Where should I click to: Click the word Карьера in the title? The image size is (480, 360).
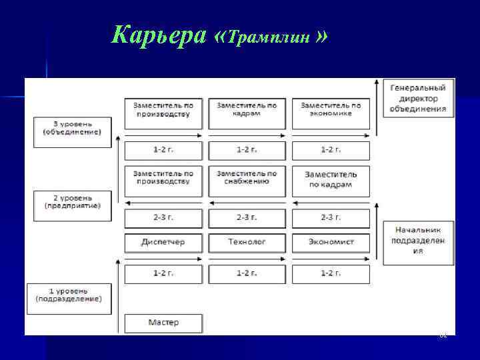tap(159, 35)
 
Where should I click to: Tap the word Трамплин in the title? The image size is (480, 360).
tap(270, 37)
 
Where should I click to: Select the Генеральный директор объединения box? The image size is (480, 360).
tap(418, 98)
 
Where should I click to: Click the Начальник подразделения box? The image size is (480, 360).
tap(418, 241)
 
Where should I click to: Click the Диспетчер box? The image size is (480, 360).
tap(163, 241)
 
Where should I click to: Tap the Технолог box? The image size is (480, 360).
tap(247, 241)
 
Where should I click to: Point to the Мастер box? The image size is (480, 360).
tap(163, 323)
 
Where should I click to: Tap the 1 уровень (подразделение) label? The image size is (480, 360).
tap(69, 295)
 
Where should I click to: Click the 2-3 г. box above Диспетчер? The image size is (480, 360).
tap(163, 217)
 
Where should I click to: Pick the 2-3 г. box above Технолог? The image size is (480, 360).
tap(247, 217)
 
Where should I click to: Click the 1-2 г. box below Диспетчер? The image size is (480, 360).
tap(163, 273)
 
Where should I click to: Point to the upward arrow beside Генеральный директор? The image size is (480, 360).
tap(378, 107)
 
